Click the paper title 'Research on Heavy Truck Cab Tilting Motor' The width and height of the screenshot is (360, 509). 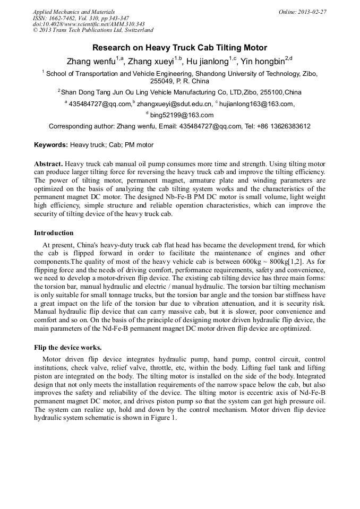[x=179, y=47]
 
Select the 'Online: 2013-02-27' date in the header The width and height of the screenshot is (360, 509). [x=302, y=12]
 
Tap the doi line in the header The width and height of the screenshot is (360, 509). [x=89, y=24]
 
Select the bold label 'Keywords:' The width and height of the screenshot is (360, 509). [x=51, y=145]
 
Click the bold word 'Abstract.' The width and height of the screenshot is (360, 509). [x=49, y=165]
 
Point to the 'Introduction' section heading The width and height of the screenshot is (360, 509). [x=54, y=232]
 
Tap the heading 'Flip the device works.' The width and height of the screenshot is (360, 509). [x=67, y=348]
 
